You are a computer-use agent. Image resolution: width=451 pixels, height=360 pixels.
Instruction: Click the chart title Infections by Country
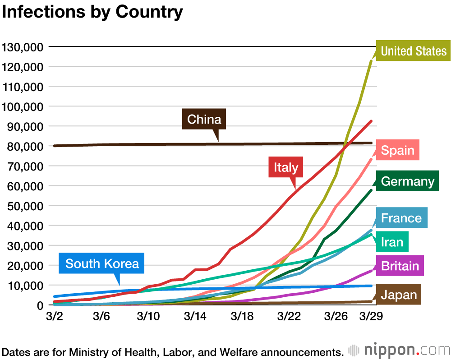click(x=92, y=12)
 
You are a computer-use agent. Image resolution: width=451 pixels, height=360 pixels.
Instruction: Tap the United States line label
click(x=414, y=51)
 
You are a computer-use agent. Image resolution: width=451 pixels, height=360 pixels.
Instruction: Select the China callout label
click(x=204, y=120)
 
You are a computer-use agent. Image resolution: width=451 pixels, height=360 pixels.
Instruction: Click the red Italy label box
click(x=286, y=168)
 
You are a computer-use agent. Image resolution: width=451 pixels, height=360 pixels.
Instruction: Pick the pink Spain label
click(x=397, y=150)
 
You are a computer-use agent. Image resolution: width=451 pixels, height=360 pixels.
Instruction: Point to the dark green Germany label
click(x=407, y=181)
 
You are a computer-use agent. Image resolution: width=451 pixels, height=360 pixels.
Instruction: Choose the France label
click(x=401, y=218)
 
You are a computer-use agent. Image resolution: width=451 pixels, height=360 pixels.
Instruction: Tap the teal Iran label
click(x=392, y=242)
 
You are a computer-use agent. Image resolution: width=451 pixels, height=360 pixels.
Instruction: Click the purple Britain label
click(x=400, y=266)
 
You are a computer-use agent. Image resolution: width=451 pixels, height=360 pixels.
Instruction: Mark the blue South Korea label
click(x=102, y=263)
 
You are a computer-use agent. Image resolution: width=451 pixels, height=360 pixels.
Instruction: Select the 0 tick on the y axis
click(x=40, y=305)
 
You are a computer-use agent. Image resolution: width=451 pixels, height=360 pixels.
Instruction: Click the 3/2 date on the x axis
click(x=54, y=316)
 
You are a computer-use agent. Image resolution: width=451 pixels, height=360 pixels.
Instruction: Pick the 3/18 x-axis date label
click(x=242, y=316)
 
